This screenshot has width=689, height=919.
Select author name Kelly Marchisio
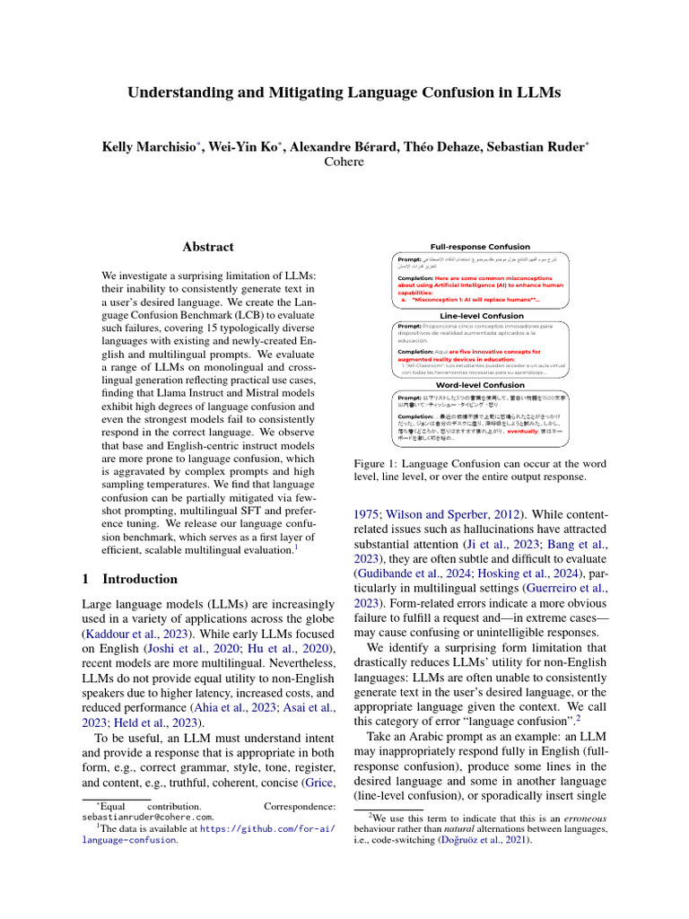[x=151, y=145]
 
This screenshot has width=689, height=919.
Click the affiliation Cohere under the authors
[x=344, y=162]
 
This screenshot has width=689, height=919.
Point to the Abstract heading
[x=208, y=247]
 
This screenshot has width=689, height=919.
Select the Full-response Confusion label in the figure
[x=480, y=247]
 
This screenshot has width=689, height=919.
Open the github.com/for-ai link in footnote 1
[x=270, y=830]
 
